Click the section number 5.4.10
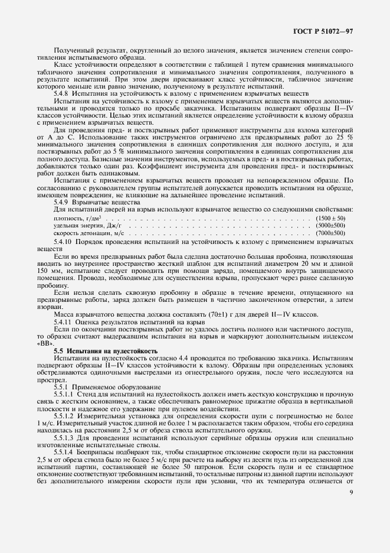tap(64, 242)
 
